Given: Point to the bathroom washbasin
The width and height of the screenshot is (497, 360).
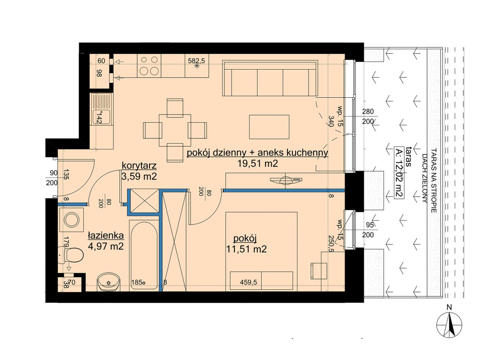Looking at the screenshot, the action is click(109, 281).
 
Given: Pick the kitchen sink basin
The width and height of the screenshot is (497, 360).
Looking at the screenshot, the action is click(101, 117).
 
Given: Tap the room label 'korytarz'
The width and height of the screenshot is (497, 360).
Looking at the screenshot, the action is click(139, 166).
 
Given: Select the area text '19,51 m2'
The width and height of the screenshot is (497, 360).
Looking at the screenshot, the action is click(258, 163).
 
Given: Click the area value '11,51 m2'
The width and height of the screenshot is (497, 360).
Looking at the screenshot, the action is click(246, 249).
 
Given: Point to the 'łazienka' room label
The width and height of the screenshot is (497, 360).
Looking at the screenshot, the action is click(106, 235).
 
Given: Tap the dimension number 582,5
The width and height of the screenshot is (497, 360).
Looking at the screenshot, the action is click(196, 60).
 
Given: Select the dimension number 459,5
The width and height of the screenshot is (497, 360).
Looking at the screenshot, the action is click(248, 282).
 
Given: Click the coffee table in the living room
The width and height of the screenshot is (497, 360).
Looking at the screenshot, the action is click(269, 127).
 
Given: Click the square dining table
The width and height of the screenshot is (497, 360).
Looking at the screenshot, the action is click(175, 130).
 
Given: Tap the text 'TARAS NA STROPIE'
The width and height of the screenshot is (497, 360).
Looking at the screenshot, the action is click(434, 180).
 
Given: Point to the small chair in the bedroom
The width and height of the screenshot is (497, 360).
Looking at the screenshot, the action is click(318, 271).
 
